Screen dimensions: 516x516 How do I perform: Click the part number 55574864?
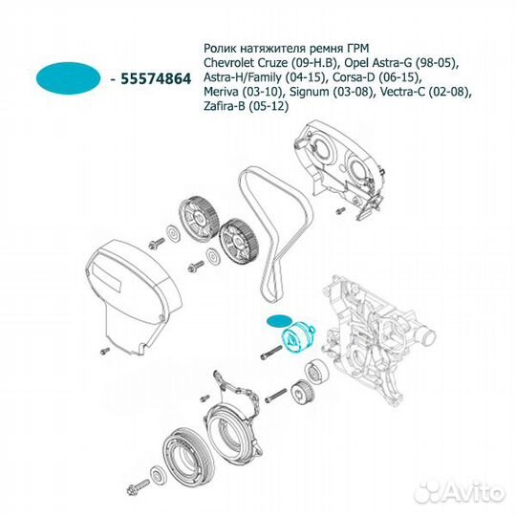point(156,79)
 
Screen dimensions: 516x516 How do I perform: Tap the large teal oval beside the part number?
point(68,78)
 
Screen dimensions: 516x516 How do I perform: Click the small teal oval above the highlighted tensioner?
point(279,321)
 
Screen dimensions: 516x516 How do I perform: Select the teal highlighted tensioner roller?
point(297,338)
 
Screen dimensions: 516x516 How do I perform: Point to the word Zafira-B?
point(225,106)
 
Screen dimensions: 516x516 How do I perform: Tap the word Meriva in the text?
point(221,92)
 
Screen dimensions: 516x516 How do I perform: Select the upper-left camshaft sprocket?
point(199,218)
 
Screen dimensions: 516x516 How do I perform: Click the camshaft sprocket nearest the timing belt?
point(239,241)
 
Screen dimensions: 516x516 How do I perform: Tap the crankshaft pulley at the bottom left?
point(186,455)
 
